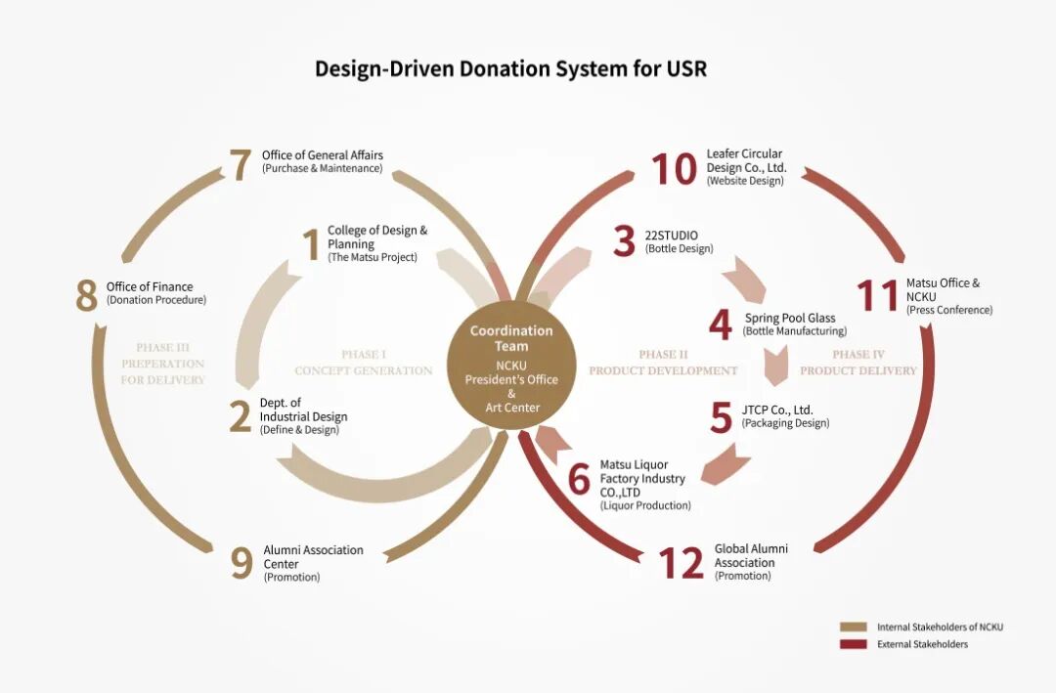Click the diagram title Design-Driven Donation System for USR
coord(510,69)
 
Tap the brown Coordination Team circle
coord(511,368)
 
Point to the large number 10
coord(674,168)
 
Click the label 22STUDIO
coord(671,236)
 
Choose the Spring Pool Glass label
coord(789,318)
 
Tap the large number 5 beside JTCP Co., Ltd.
coord(721,417)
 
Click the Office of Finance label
coord(150,286)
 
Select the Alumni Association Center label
coord(313,557)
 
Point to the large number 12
coord(681,563)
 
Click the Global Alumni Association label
coord(751,555)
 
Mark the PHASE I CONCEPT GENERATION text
coord(364,363)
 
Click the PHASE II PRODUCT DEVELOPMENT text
coord(663,363)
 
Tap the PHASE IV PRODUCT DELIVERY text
coord(858,363)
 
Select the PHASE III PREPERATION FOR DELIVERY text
coord(162,364)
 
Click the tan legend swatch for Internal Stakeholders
coord(853,627)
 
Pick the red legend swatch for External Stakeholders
coord(853,644)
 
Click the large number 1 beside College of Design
coord(311,244)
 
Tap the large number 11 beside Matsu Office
coord(877,295)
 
